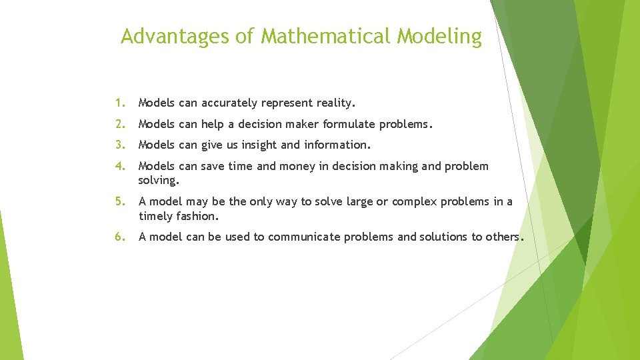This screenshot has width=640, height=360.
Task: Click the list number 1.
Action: (x=118, y=103)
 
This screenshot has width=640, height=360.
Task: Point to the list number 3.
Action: (x=118, y=145)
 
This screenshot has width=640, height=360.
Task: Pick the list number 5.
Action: (x=118, y=202)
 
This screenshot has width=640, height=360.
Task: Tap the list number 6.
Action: (x=118, y=237)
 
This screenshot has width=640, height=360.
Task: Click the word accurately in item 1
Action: (x=229, y=103)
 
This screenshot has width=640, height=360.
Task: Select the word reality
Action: (x=335, y=103)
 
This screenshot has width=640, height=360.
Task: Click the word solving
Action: (x=158, y=181)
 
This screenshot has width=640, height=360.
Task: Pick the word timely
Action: (x=156, y=216)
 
